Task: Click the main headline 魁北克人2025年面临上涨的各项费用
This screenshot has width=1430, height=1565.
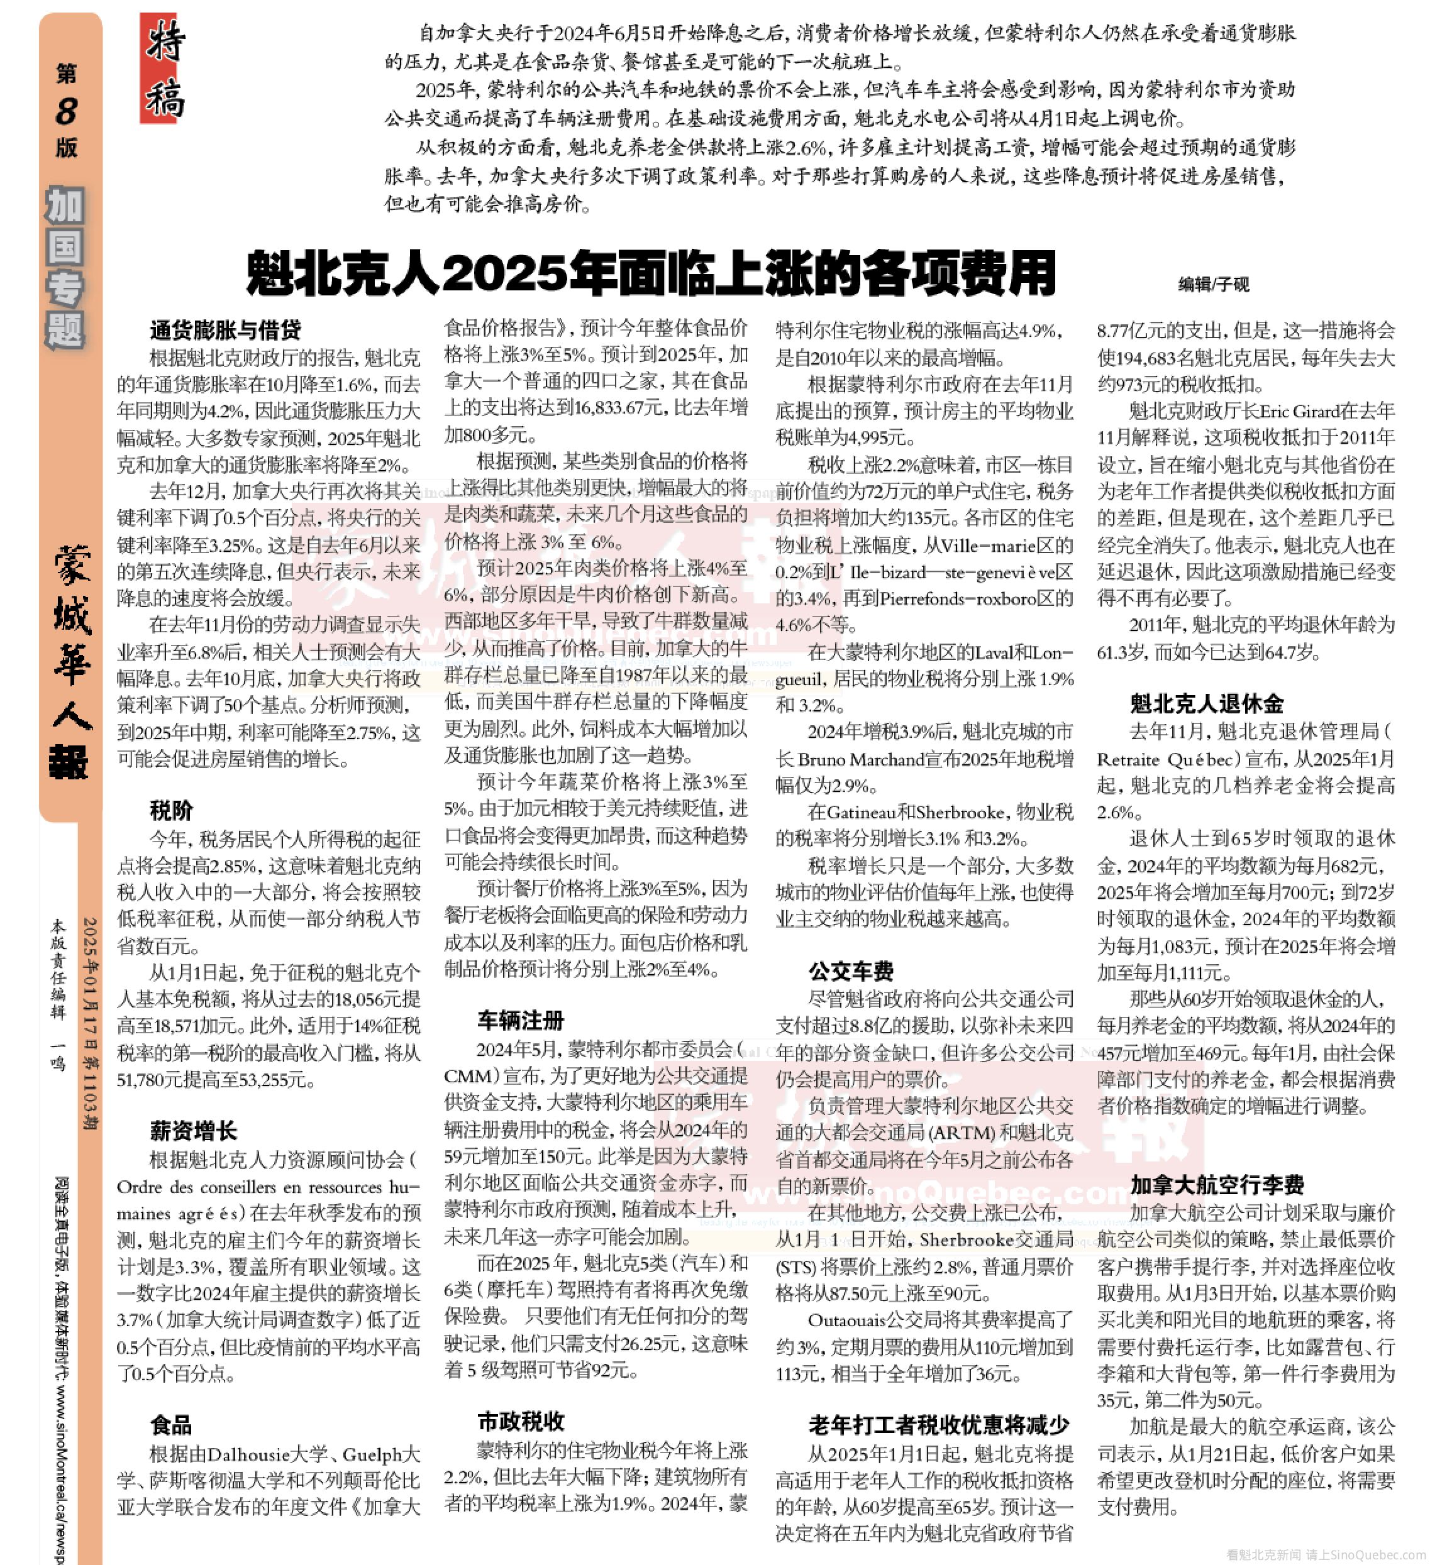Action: pos(651,273)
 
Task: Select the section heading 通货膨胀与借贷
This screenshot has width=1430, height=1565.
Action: pos(225,330)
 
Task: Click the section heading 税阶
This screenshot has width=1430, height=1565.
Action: pos(171,810)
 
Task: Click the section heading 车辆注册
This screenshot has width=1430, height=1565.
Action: pos(521,1020)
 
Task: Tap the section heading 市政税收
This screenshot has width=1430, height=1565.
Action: pos(521,1422)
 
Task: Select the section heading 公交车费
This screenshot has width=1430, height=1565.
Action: pos(851,971)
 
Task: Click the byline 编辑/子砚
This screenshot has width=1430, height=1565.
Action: pos(1213,284)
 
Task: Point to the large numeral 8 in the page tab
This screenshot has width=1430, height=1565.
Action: pos(67,111)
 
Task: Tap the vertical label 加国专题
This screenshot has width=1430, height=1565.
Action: pos(65,268)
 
